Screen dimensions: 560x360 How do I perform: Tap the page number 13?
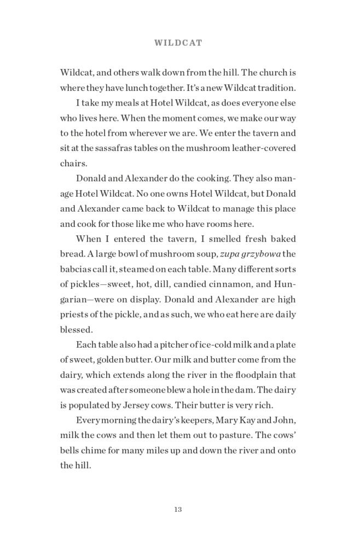point(178,509)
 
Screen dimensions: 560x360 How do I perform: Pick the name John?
point(283,419)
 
